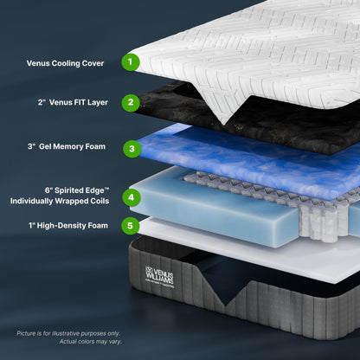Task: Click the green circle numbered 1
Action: pos(130,61)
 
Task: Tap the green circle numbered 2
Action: pos(130,102)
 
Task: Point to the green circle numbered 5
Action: pos(130,227)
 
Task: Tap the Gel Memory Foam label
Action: pos(71,147)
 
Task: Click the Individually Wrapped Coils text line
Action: pos(60,201)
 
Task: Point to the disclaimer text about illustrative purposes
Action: pos(69,332)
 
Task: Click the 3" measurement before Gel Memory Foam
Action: pos(30,147)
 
